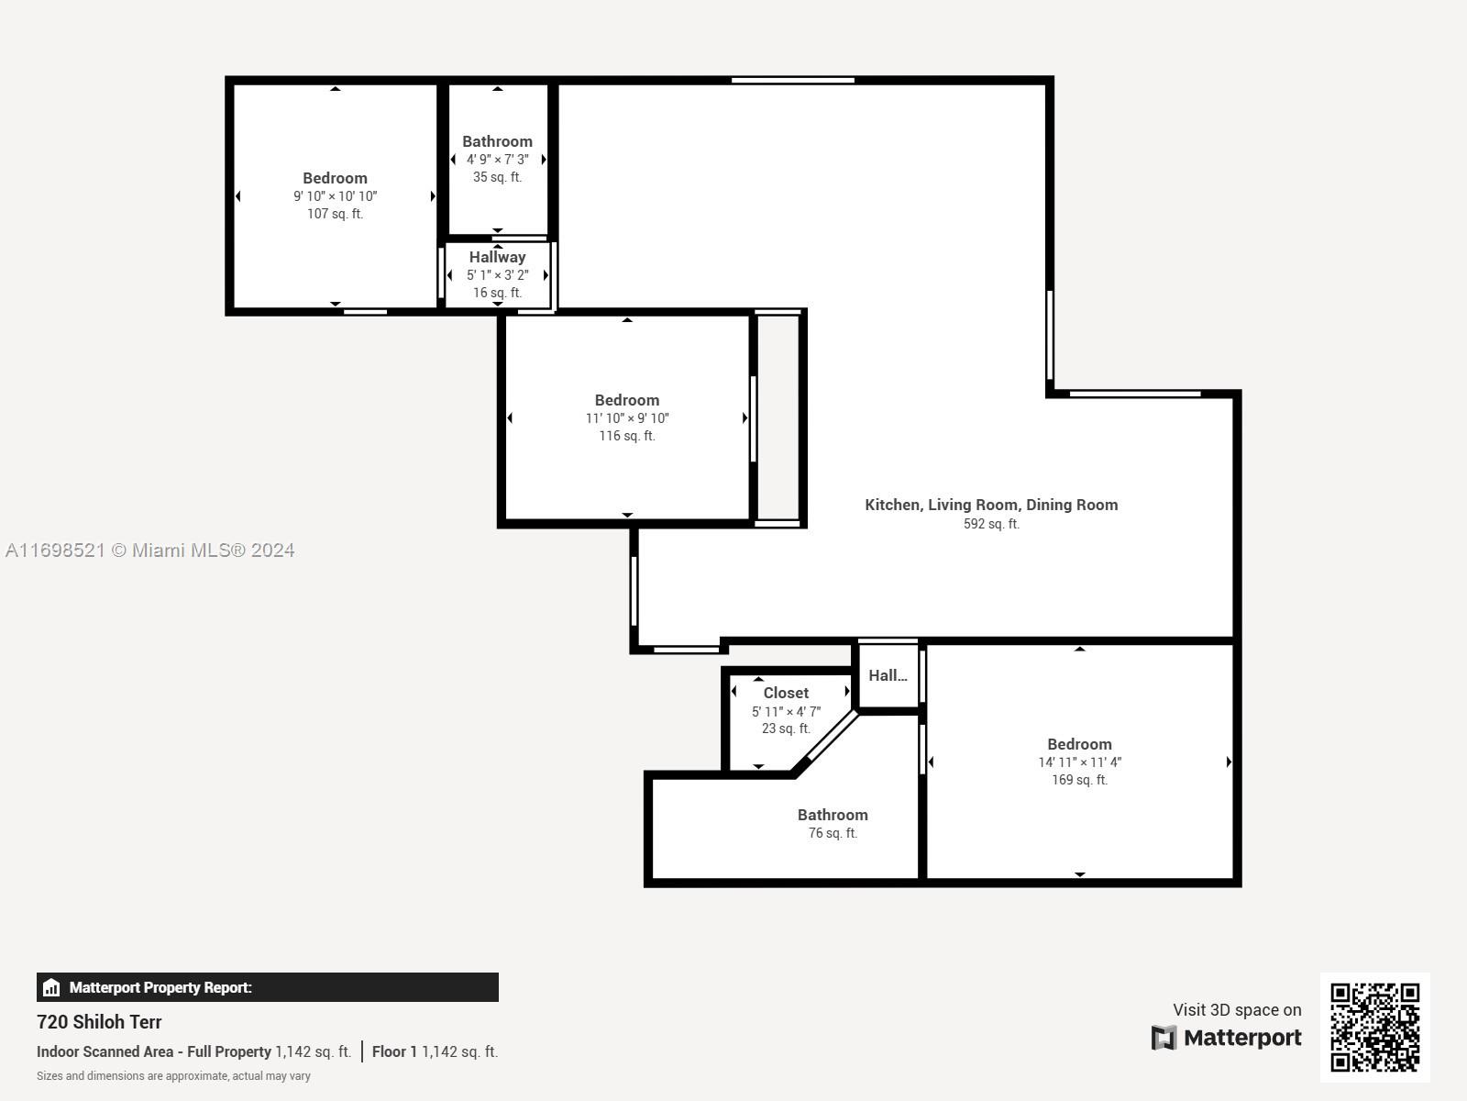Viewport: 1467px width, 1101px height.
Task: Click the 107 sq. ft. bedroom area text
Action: pos(335,214)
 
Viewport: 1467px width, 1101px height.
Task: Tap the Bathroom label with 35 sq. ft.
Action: pos(497,141)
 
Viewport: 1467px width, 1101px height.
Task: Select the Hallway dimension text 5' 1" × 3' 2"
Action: pos(497,274)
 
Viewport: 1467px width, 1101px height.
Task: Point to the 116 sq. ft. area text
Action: pos(627,436)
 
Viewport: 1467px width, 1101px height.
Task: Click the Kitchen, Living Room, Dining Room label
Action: pos(991,505)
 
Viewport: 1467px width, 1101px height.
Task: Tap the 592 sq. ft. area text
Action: pos(991,524)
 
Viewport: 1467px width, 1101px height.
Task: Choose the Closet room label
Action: pos(786,694)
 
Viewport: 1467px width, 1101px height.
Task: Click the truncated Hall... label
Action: pos(888,675)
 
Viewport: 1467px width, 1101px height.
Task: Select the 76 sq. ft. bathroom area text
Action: pos(833,833)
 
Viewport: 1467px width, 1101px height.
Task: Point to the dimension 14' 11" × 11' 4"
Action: pos(1079,762)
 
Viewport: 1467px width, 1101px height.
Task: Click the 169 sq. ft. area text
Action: pos(1079,780)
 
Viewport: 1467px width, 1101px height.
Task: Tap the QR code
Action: pos(1374,1028)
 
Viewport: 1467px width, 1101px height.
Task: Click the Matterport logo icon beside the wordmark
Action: pos(1164,1038)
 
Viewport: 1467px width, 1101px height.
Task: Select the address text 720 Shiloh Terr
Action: pos(99,1022)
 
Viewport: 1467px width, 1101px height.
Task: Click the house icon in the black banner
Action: pos(51,987)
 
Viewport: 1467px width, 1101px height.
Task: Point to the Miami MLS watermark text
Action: pos(149,550)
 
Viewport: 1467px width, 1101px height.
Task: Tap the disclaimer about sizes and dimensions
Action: pos(173,1075)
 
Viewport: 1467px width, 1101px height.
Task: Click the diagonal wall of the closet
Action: pos(824,743)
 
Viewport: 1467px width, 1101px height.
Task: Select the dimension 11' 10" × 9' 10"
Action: pos(627,418)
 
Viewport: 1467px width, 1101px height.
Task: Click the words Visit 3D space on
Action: pos(1237,1009)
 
